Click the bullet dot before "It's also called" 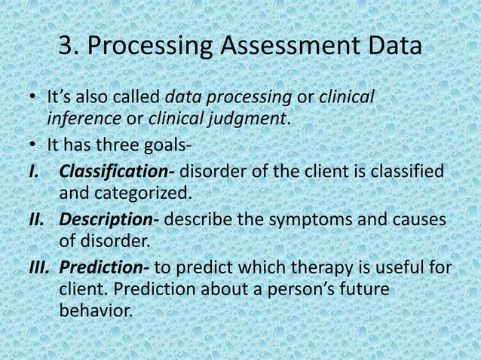click(x=32, y=99)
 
